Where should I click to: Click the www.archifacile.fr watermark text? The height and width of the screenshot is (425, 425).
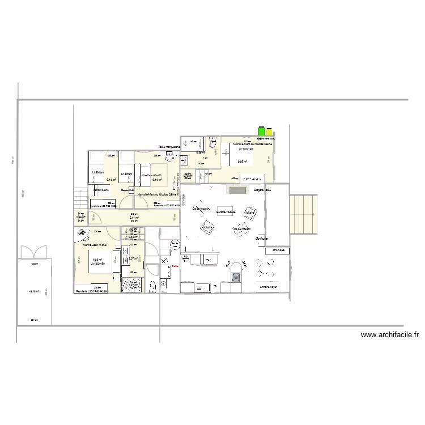[x=389, y=335]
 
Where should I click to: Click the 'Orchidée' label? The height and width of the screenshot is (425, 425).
[x=278, y=249]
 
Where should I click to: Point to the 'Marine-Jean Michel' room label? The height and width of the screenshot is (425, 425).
[x=95, y=245]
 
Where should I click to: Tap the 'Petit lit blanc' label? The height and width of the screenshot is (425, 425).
[x=101, y=189]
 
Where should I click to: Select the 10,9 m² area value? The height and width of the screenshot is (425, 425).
[x=97, y=260]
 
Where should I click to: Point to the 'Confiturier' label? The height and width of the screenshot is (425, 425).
[x=262, y=239]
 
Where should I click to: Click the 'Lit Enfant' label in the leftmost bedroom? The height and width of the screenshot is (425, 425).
[x=97, y=172]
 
